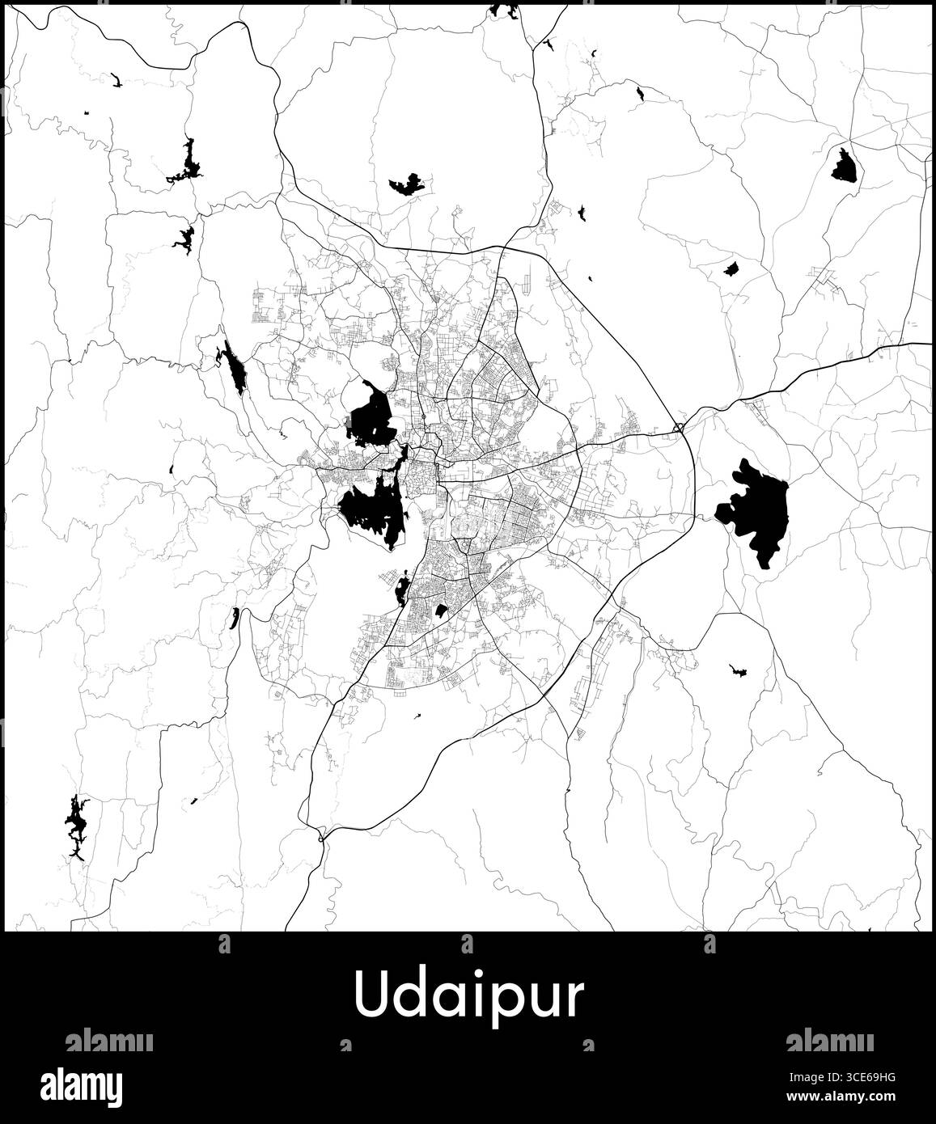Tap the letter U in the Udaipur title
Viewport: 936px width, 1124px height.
[369, 995]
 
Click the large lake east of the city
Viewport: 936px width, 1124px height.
[757, 508]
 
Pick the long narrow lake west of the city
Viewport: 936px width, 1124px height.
[235, 369]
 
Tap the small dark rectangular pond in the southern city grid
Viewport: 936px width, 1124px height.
[441, 611]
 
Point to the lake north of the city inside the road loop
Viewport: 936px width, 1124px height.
[407, 184]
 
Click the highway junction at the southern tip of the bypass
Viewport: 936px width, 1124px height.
[323, 839]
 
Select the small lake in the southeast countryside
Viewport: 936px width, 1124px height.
[738, 670]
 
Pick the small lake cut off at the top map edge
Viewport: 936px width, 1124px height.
[504, 11]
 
